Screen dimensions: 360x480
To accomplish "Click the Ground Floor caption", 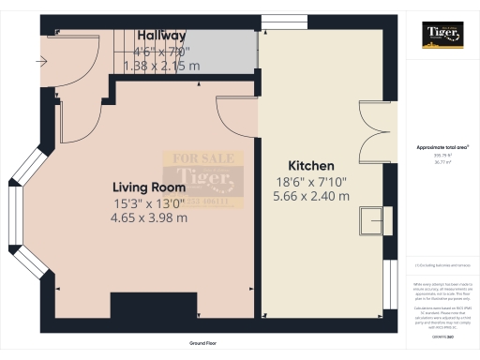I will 203,344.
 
